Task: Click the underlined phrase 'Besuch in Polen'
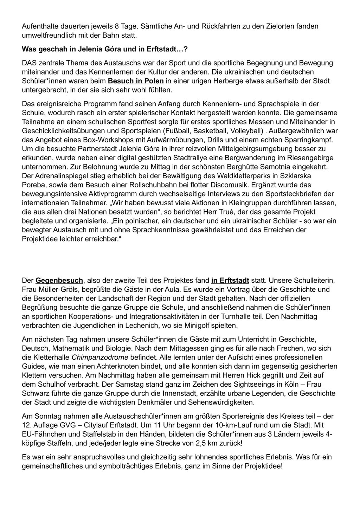click(136, 81)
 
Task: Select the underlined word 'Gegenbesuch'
click(59, 281)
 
